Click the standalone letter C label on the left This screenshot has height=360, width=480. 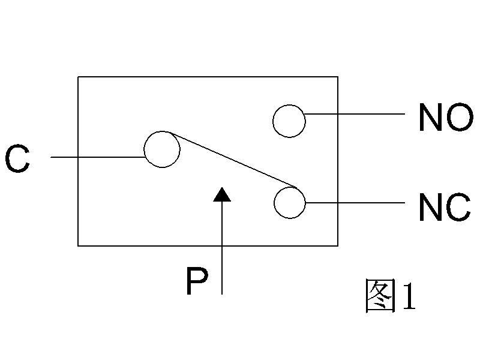(x=17, y=160)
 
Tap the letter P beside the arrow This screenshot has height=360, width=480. (x=196, y=283)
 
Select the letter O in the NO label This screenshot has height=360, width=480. (x=460, y=118)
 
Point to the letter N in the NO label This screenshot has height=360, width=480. (x=431, y=118)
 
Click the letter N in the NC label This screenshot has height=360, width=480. (x=431, y=208)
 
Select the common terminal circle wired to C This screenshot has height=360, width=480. (x=162, y=149)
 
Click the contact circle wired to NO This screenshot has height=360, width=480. (x=289, y=121)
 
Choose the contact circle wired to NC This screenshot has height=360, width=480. (x=289, y=203)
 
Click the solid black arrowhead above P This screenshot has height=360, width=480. (x=222, y=194)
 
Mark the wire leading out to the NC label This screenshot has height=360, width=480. (x=354, y=203)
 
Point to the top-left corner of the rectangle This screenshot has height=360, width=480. (x=78, y=77)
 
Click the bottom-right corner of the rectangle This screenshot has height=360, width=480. (x=338, y=245)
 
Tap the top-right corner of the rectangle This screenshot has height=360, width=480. (x=338, y=77)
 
